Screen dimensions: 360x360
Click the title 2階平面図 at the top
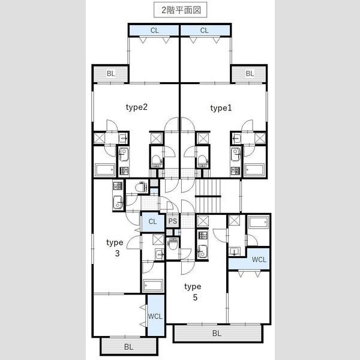[181, 10]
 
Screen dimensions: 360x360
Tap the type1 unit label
[221, 108]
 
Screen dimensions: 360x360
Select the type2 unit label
[137, 107]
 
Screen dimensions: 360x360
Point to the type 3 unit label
[115, 248]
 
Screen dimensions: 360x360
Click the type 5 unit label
[193, 292]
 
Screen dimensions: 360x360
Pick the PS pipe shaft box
[173, 221]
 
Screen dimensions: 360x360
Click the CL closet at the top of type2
[154, 31]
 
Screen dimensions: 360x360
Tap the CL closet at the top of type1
[205, 31]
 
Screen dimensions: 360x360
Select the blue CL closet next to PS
[152, 221]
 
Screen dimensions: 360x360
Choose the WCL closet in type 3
[155, 316]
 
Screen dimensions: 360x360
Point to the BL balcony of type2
[110, 74]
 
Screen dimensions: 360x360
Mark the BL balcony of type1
[250, 74]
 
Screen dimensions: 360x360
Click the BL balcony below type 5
[217, 333]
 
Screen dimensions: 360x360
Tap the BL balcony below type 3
[129, 346]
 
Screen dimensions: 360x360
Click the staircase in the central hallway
[208, 196]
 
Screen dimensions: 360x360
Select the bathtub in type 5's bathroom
[259, 222]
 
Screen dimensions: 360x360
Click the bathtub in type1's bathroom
[254, 170]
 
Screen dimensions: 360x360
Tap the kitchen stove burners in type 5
[203, 235]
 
